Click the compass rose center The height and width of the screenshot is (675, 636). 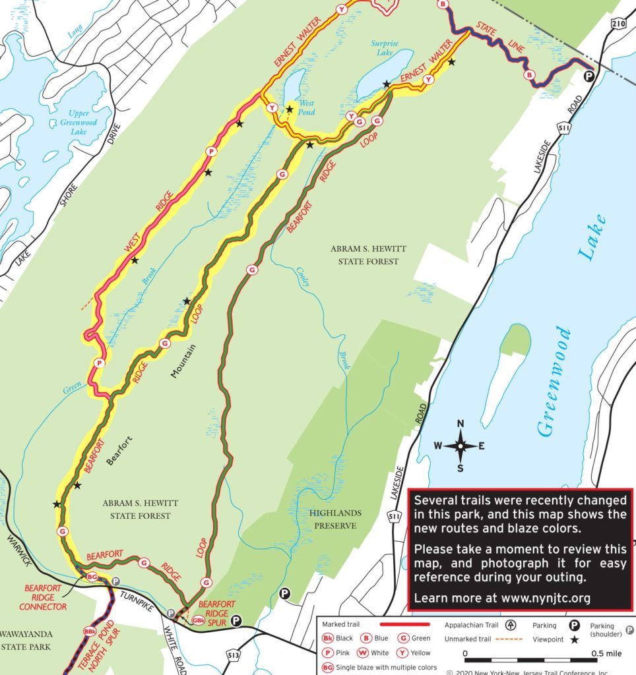(x=461, y=446)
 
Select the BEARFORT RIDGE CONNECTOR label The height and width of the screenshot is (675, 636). (x=45, y=597)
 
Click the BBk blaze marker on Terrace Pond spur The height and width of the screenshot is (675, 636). (x=90, y=631)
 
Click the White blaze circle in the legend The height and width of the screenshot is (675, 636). (x=362, y=653)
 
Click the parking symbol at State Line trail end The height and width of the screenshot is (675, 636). (x=588, y=77)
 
